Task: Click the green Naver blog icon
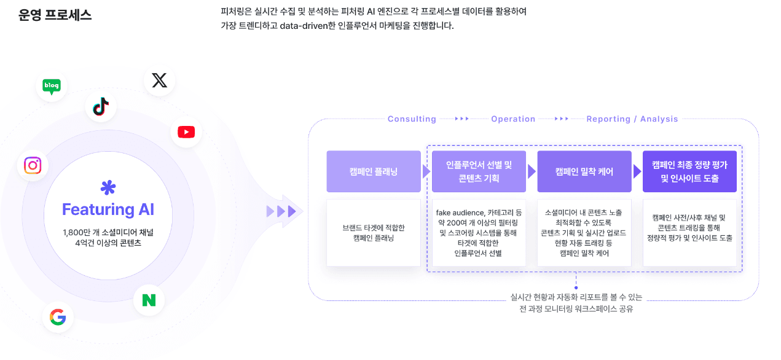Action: pos(52,87)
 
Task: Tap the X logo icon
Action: pos(159,80)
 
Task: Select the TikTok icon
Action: pos(101,106)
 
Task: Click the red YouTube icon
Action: pos(186,132)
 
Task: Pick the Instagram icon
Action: pos(33,165)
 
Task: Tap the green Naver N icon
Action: pos(149,300)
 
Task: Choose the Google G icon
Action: pos(58,317)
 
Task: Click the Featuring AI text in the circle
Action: pos(108,209)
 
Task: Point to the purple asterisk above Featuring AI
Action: pos(108,187)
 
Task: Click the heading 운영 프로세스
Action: pos(55,15)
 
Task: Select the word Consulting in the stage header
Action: pos(412,119)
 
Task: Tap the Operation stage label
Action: pos(513,119)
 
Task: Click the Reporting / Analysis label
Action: pos(632,119)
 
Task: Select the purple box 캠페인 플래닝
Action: pos(374,171)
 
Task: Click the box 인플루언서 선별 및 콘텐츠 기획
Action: pos(479,171)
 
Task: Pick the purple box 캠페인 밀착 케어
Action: pos(584,171)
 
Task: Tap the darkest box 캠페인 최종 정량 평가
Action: pos(689,171)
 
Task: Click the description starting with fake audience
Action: pos(479,233)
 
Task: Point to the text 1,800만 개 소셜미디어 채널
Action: pos(108,232)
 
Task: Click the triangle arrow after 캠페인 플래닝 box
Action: pos(426,171)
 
